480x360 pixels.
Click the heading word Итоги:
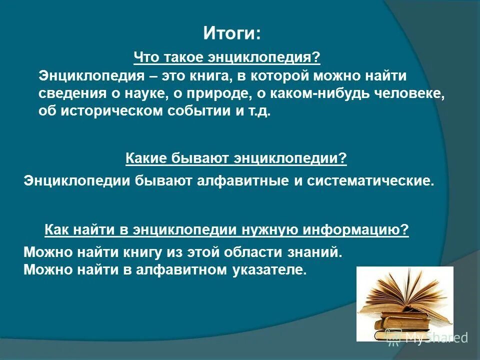click(232, 34)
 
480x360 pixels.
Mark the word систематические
click(370, 180)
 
